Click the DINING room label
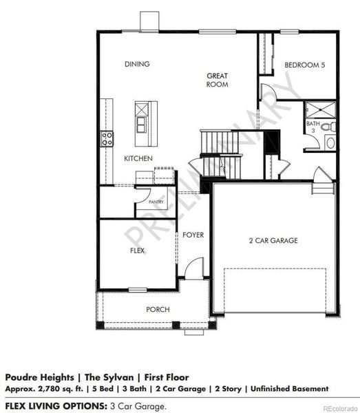click(x=137, y=64)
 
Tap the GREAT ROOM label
click(x=218, y=80)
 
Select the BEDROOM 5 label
click(x=304, y=65)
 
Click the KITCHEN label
click(x=138, y=158)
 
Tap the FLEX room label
click(x=137, y=251)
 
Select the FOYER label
click(x=193, y=235)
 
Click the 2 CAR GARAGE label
click(x=273, y=240)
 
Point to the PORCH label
click(x=158, y=309)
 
